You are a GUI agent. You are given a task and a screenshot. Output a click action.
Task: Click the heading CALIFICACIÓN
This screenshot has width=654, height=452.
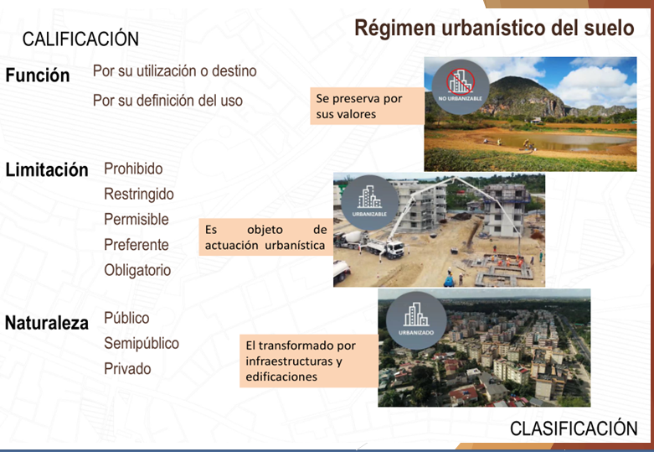80,39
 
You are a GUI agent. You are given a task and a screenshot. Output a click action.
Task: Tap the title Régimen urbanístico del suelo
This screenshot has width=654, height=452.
494,28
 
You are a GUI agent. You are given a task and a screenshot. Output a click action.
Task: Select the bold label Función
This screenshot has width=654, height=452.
38,75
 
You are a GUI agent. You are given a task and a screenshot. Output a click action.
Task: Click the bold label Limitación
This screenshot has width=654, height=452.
47,169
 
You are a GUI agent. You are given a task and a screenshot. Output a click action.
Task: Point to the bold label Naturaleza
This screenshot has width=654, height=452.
47,323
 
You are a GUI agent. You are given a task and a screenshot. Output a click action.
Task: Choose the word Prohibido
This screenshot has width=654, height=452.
133,169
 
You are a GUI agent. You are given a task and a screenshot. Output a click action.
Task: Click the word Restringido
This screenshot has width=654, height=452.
139,194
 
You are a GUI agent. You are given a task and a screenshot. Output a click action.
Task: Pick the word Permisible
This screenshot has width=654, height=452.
136,219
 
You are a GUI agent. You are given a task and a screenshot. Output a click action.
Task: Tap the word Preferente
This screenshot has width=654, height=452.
136,245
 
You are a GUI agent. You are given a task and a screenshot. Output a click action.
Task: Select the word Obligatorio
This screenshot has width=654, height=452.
137,270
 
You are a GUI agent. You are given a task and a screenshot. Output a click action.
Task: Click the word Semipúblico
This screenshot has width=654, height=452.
142,343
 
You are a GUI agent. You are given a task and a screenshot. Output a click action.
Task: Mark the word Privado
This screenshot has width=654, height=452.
127,368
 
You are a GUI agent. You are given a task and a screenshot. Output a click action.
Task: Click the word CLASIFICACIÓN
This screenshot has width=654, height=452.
574,429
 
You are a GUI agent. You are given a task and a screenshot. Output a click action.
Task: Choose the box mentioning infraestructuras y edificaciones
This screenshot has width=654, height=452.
307,361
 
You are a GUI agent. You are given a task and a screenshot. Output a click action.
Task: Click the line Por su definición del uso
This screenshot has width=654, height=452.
167,101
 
